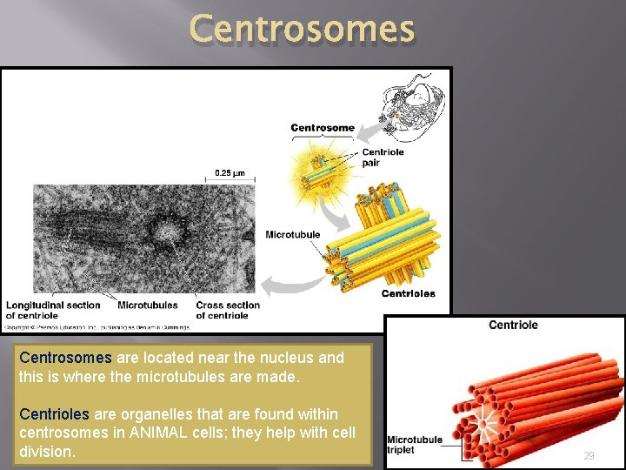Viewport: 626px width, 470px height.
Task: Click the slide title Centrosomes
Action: pos(302,29)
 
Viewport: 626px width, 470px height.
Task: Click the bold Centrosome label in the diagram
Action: pos(323,128)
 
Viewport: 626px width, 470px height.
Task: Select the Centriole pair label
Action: pos(383,158)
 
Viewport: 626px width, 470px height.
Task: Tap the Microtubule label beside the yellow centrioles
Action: pos(292,234)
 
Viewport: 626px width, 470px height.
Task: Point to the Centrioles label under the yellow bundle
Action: pos(408,293)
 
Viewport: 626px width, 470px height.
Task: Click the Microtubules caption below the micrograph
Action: pos(147,305)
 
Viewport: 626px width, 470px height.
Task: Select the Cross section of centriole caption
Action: pos(228,310)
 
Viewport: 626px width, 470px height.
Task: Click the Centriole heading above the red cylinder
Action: pos(513,325)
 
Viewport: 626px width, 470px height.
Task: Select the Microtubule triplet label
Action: pos(415,444)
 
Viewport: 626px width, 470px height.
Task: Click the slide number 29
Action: pos(589,456)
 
